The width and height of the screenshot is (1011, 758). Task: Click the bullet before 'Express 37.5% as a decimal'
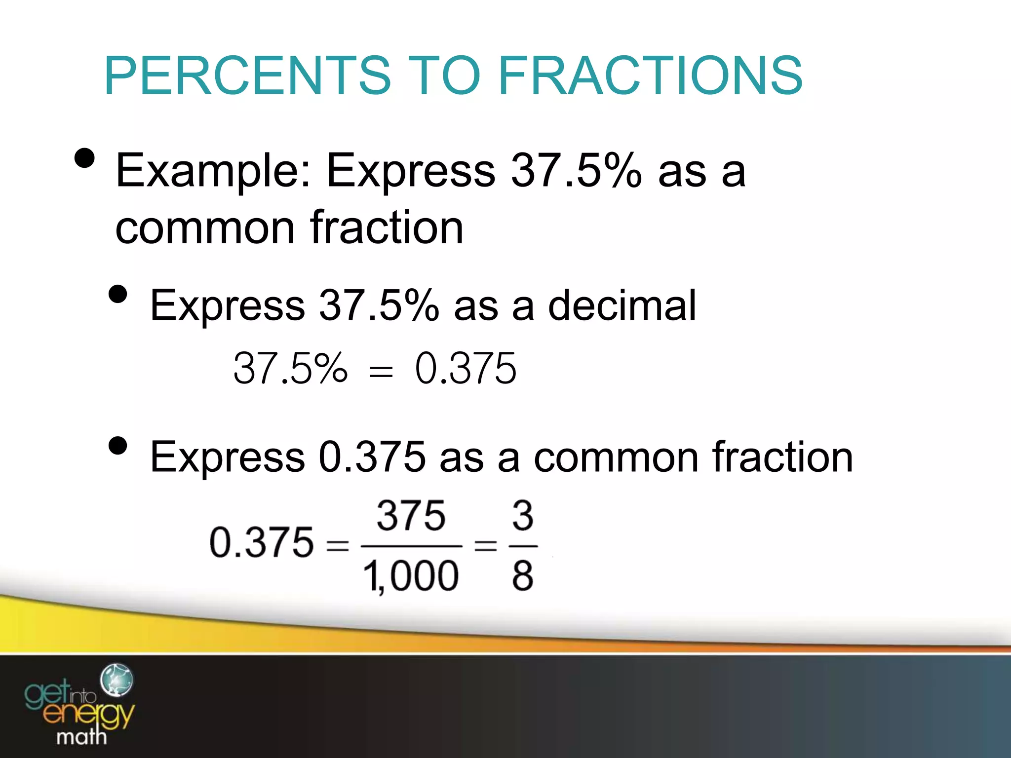(118, 295)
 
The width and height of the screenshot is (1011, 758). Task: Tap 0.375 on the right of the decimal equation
(466, 368)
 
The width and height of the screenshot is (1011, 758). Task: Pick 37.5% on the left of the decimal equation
(290, 368)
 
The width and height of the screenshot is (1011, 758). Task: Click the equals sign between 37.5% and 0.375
(381, 371)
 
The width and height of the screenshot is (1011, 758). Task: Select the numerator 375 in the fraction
(411, 516)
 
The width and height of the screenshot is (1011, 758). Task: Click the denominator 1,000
(411, 575)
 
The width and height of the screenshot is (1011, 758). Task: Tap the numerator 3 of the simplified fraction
(523, 516)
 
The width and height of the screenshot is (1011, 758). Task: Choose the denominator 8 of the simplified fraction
(523, 575)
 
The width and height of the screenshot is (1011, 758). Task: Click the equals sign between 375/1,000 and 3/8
(485, 546)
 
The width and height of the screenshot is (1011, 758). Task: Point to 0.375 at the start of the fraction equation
(262, 543)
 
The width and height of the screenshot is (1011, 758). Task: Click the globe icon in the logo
(117, 680)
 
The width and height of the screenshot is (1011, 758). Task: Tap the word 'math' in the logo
(81, 737)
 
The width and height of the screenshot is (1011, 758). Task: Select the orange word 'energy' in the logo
(89, 714)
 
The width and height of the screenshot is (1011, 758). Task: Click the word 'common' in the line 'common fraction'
(205, 228)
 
